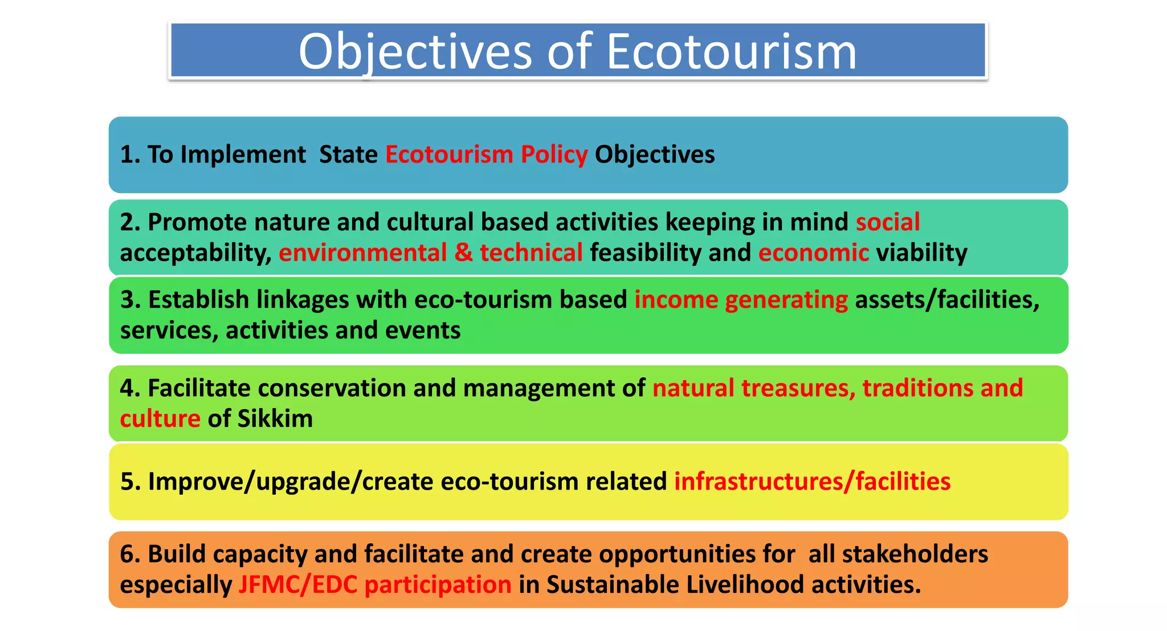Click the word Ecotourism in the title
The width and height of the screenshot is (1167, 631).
731,51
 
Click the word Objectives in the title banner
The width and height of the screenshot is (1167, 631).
415,51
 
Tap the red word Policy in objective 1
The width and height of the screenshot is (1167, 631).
554,154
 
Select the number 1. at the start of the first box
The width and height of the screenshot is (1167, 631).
130,154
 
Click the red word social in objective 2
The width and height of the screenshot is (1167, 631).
888,222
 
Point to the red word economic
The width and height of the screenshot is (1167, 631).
813,253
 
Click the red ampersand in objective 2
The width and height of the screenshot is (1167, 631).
463,253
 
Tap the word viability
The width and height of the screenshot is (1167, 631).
921,253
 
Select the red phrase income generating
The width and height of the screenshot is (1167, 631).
741,300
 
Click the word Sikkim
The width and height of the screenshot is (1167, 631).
275,419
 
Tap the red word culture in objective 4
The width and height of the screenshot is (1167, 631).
160,419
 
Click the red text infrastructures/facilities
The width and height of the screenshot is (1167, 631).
812,482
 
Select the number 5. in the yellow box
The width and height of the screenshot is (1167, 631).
130,482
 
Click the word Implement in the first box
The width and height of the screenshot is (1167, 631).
243,154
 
